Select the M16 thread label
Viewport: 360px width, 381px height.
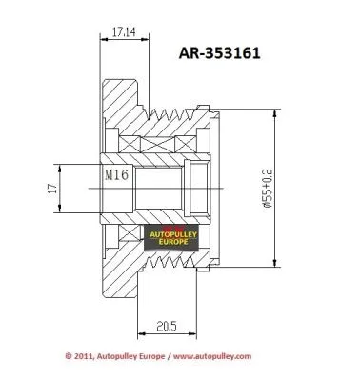click(115, 175)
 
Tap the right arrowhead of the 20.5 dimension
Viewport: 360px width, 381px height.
click(197, 333)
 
